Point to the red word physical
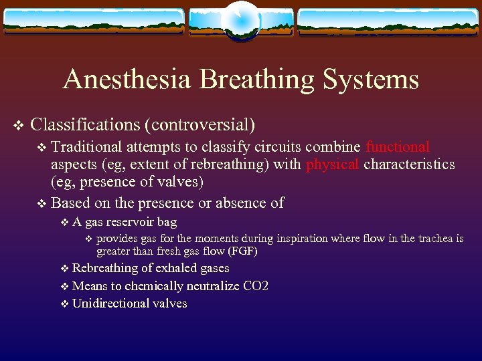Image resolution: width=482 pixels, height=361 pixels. pos(332,164)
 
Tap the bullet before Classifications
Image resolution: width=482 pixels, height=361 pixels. pos(18,125)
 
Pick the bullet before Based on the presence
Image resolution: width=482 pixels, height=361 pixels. pos(43,203)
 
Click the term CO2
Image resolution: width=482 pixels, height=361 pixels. pos(256,286)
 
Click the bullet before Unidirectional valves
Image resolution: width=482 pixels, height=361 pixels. pos(64,304)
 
